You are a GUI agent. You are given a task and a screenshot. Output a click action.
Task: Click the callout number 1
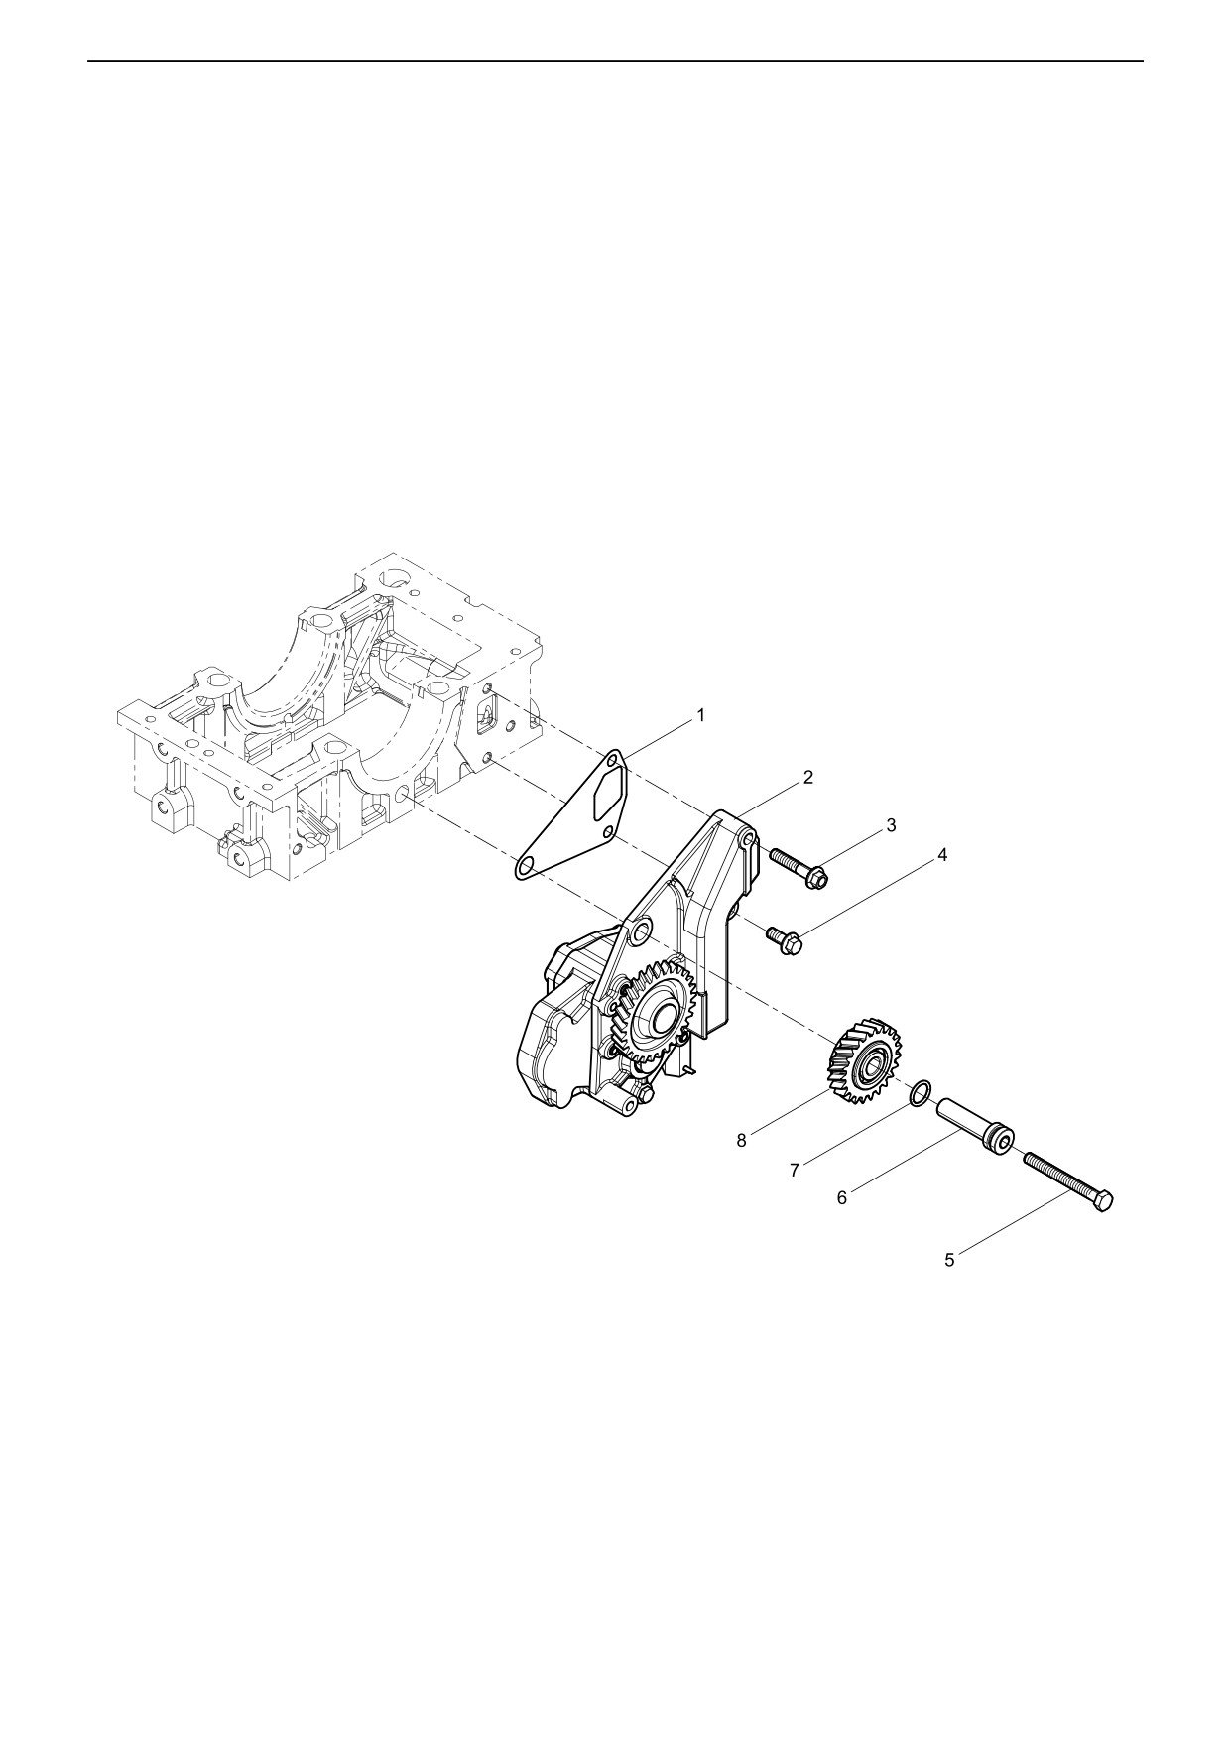coord(700,715)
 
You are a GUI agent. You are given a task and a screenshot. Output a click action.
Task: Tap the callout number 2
coord(808,777)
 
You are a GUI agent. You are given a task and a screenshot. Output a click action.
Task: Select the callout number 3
coord(891,824)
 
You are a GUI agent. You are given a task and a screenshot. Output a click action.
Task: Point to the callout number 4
coord(942,854)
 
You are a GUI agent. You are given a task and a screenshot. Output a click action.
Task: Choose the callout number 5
coord(949,1260)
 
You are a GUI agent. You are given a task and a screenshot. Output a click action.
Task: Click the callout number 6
coord(842,1198)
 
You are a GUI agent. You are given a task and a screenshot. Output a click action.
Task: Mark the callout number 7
coord(795,1171)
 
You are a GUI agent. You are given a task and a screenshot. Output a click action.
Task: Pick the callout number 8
coord(741,1141)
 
